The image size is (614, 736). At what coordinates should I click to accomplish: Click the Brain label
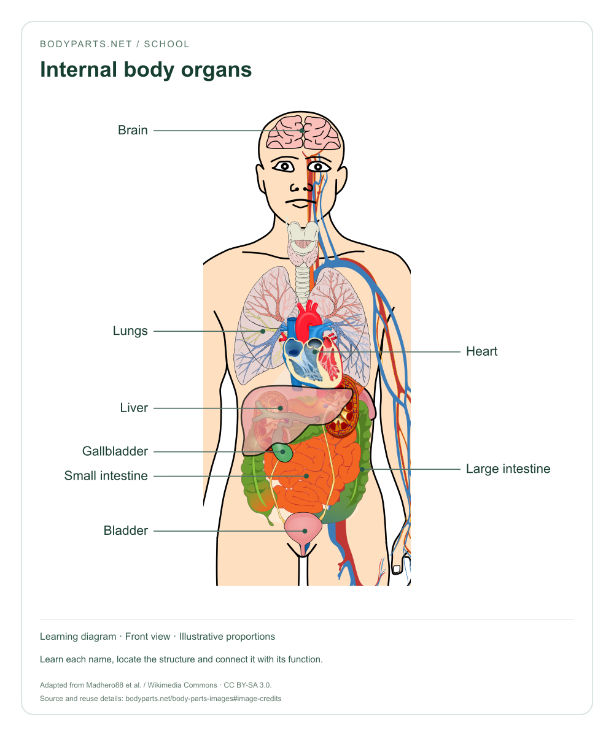(133, 130)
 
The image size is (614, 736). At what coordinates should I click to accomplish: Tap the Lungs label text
(130, 331)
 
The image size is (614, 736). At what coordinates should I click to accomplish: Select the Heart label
(481, 351)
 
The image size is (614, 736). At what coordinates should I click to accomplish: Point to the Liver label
(134, 408)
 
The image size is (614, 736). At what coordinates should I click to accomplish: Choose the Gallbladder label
(115, 451)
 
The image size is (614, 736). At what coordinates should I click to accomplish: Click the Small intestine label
(106, 476)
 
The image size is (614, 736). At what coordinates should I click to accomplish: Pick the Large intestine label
(508, 469)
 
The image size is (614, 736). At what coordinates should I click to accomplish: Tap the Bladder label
(125, 531)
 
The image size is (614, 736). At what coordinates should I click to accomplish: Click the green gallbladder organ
(282, 453)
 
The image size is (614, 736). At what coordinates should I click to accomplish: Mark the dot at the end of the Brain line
(301, 131)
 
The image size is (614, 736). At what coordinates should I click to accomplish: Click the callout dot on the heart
(314, 352)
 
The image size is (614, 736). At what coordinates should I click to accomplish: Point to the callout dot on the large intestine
(362, 469)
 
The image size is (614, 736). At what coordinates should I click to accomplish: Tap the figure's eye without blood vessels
(284, 166)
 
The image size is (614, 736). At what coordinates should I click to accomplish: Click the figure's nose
(301, 187)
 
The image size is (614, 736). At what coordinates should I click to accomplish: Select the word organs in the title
(216, 71)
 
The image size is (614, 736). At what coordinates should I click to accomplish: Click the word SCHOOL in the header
(166, 44)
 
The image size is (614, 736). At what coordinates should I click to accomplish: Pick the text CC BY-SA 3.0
(247, 685)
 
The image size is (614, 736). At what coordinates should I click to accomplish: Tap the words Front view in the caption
(147, 636)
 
